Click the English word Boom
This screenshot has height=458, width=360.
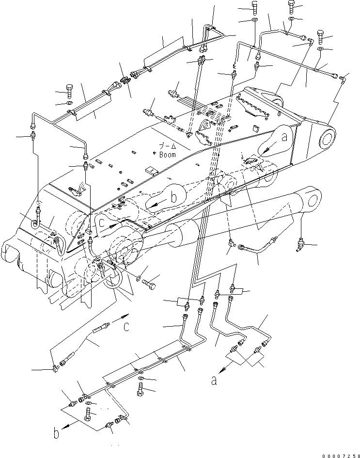[x=168, y=155]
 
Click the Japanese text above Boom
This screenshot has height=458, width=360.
[x=168, y=146]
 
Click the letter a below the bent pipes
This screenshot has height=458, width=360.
[x=213, y=380]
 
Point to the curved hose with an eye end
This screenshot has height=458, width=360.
[x=257, y=247]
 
